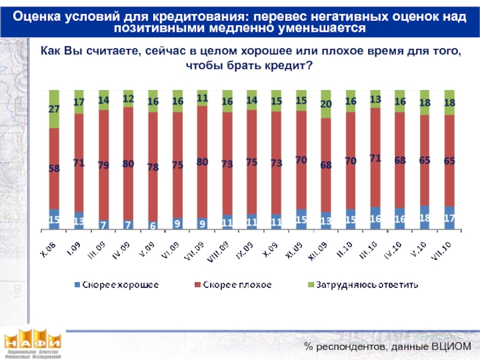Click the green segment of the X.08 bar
(x=54, y=109)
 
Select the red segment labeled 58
(x=54, y=169)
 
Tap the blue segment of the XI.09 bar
(x=301, y=220)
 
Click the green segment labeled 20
(x=326, y=104)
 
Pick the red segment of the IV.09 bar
(x=128, y=164)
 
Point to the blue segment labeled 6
(x=153, y=225)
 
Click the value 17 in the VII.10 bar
(x=449, y=219)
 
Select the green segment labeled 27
(x=54, y=109)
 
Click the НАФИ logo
(x=33, y=345)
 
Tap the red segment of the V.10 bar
(x=424, y=160)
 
